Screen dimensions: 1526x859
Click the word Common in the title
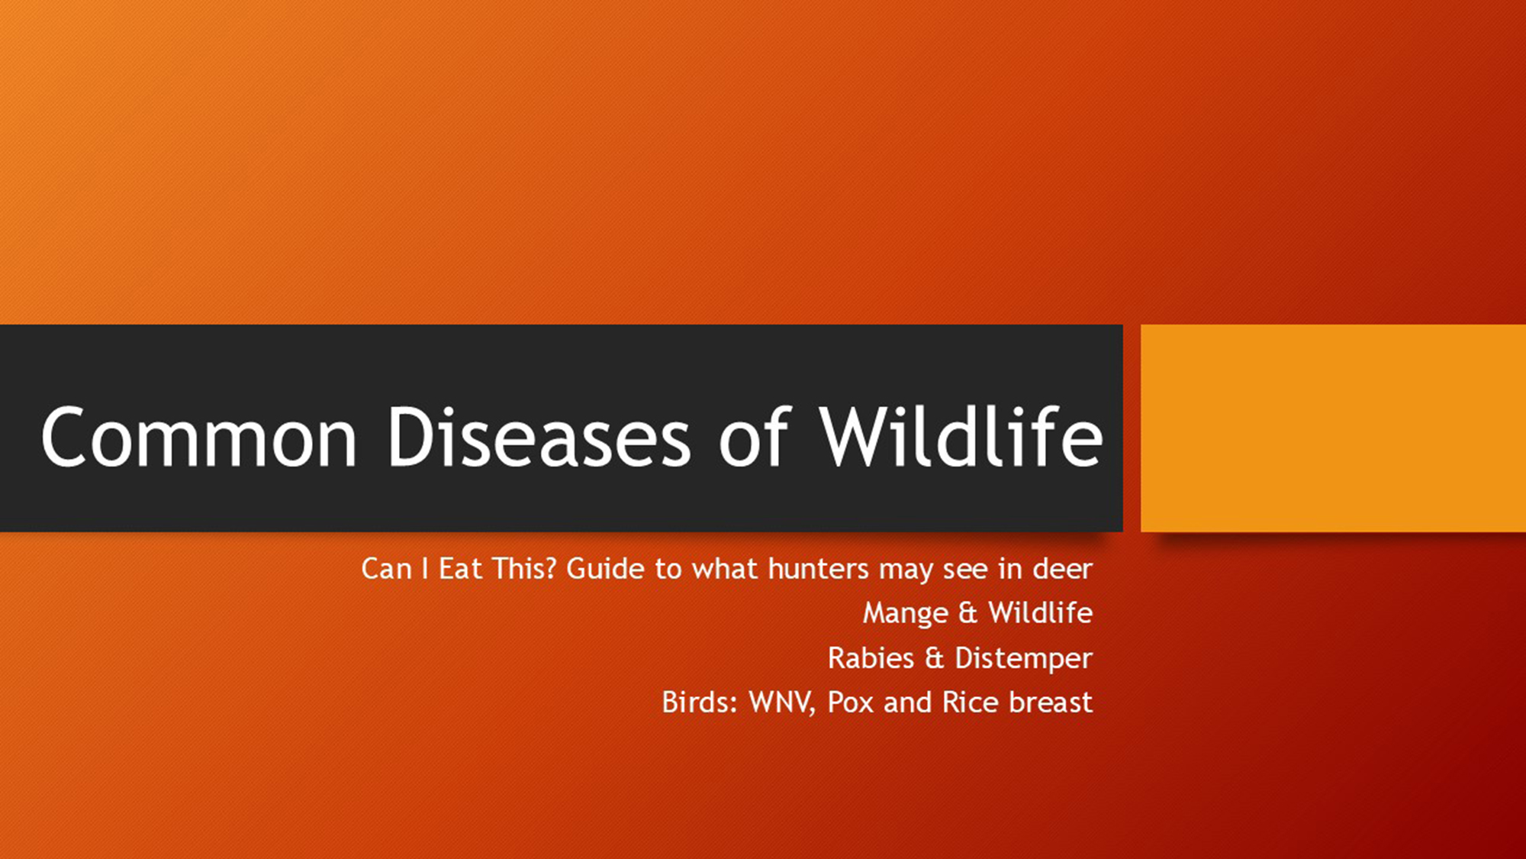[x=199, y=437]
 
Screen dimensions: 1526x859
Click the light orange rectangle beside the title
[x=1333, y=428]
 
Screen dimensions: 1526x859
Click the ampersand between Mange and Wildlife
[x=967, y=613]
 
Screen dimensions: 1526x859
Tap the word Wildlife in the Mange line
[x=1040, y=612]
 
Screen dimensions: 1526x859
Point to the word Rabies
[x=871, y=658]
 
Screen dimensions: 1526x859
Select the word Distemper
[x=1024, y=659]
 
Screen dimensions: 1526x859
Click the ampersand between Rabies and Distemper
[x=934, y=658]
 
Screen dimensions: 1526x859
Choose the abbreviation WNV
[x=782, y=702]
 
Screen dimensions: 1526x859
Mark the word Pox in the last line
[x=850, y=702]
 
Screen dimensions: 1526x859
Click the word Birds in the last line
[x=700, y=702]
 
